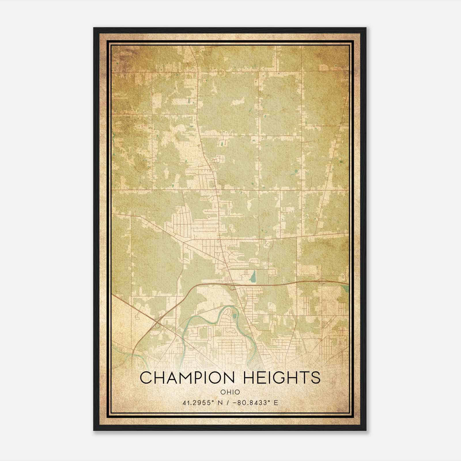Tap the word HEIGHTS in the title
coord(281,378)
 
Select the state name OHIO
coord(230,392)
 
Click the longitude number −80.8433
coord(252,403)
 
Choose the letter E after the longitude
coord(276,403)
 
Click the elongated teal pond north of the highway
coord(253,277)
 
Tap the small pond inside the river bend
coord(234,316)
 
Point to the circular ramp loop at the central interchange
coord(232,287)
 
